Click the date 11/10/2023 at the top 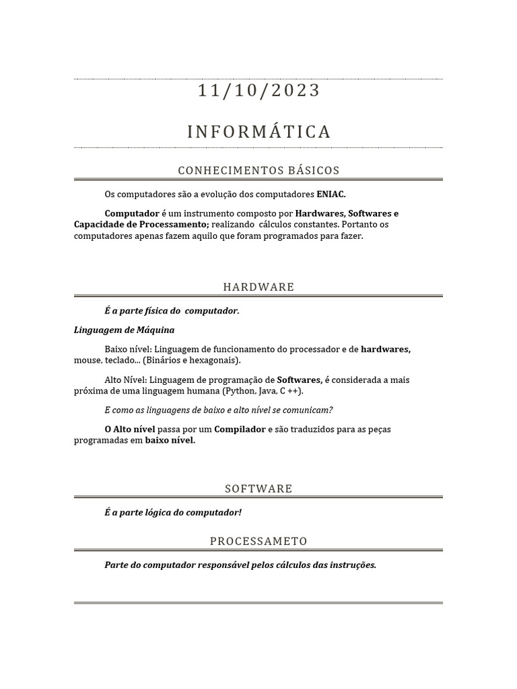point(259,90)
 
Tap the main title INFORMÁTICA point(259,132)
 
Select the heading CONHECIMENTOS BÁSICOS point(258,170)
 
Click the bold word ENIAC point(331,194)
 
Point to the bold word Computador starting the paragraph point(132,213)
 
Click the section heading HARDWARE point(258,287)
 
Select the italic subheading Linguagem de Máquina point(114,330)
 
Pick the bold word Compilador point(240,429)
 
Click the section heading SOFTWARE point(258,488)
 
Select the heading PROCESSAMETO point(258,541)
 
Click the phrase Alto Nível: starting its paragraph point(127,380)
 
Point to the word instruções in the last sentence point(353,565)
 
